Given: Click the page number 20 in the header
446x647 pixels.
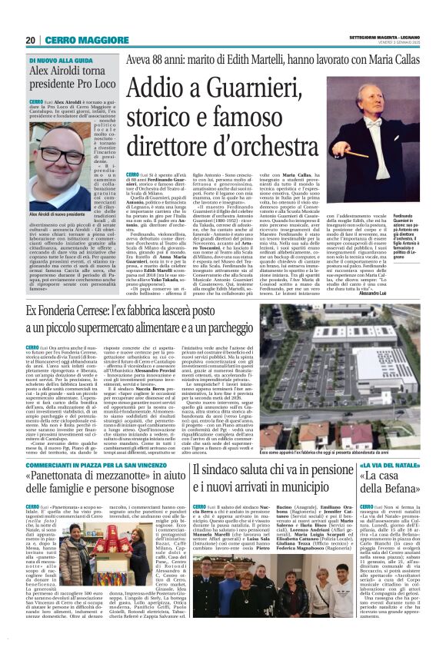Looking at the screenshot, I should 31,39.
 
